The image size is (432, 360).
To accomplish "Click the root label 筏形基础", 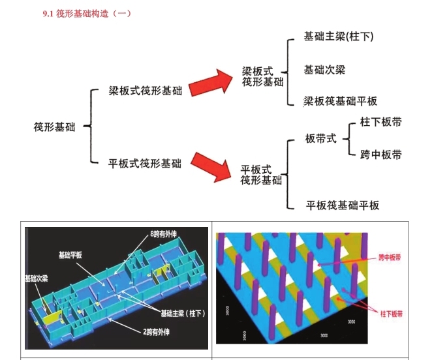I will click(x=54, y=127).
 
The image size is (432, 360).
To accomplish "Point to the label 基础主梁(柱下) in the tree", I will click(x=339, y=37).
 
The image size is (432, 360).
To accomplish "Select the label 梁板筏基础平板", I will click(x=340, y=102).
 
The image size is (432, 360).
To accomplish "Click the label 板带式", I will click(x=321, y=139).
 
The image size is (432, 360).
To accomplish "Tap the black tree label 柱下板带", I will click(x=380, y=123).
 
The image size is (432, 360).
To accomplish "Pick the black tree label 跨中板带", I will click(x=380, y=155).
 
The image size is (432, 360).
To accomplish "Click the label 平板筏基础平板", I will click(x=343, y=205).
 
